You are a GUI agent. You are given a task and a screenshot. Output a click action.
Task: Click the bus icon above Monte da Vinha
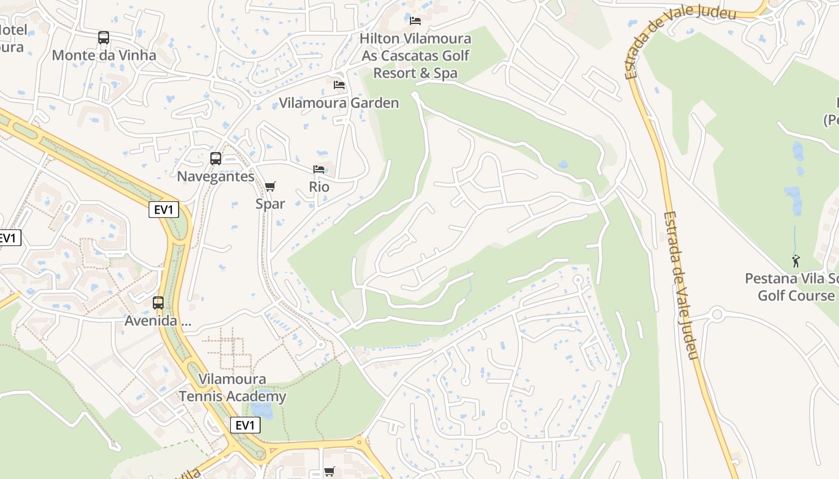pyautogui.click(x=104, y=38)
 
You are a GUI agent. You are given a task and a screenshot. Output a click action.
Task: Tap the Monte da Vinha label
pyautogui.click(x=104, y=56)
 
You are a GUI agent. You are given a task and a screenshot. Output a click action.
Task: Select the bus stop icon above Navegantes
pyautogui.click(x=216, y=159)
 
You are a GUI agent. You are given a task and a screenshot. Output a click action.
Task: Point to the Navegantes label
pyautogui.click(x=216, y=177)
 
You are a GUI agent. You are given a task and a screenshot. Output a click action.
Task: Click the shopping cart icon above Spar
pyautogui.click(x=270, y=186)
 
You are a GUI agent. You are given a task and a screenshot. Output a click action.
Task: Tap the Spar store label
pyautogui.click(x=270, y=204)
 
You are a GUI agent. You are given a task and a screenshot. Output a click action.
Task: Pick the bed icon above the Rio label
pyautogui.click(x=319, y=169)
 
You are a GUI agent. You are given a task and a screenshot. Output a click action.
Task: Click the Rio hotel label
pyautogui.click(x=319, y=187)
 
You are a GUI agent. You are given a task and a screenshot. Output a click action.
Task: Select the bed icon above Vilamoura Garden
pyautogui.click(x=339, y=85)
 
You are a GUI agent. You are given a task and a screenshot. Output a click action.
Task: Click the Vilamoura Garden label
pyautogui.click(x=339, y=103)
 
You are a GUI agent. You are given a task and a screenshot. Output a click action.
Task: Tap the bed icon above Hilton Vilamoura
pyautogui.click(x=415, y=21)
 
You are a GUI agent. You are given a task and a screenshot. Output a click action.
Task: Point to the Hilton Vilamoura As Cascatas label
pyautogui.click(x=415, y=56)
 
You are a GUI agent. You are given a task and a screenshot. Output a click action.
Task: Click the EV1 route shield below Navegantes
pyautogui.click(x=164, y=210)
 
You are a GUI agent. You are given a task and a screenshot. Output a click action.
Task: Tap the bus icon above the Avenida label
pyautogui.click(x=158, y=303)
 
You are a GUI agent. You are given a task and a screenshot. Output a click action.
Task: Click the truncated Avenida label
pyautogui.click(x=158, y=321)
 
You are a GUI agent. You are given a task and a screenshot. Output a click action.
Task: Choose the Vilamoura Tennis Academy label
pyautogui.click(x=233, y=387)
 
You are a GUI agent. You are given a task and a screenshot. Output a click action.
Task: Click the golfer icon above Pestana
pyautogui.click(x=796, y=261)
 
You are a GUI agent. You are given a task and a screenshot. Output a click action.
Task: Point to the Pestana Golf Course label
pyautogui.click(x=791, y=287)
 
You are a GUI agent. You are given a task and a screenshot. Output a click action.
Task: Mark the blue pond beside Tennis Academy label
pyautogui.click(x=262, y=410)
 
